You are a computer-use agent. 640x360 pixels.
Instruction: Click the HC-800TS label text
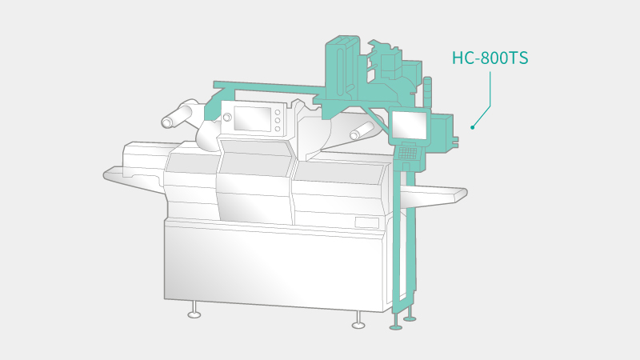(490, 58)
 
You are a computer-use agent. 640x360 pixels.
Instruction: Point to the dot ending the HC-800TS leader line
(473, 127)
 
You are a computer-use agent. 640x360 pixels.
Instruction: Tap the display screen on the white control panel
(253, 118)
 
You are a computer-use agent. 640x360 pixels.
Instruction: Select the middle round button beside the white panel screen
(278, 121)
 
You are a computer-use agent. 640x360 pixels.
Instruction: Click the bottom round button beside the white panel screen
(278, 129)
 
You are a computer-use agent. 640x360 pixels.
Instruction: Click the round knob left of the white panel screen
(227, 118)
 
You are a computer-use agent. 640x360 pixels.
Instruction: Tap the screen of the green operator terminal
(410, 125)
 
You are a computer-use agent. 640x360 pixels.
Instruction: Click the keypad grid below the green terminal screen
(408, 153)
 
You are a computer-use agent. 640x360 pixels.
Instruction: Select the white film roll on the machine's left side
(178, 114)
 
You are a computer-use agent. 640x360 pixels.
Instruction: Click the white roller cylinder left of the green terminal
(362, 130)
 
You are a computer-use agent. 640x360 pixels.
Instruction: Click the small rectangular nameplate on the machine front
(366, 223)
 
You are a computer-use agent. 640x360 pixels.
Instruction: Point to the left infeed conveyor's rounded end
(107, 174)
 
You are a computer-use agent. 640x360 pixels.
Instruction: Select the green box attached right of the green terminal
(442, 130)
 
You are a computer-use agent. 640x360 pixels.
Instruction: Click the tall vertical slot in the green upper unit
(342, 72)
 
